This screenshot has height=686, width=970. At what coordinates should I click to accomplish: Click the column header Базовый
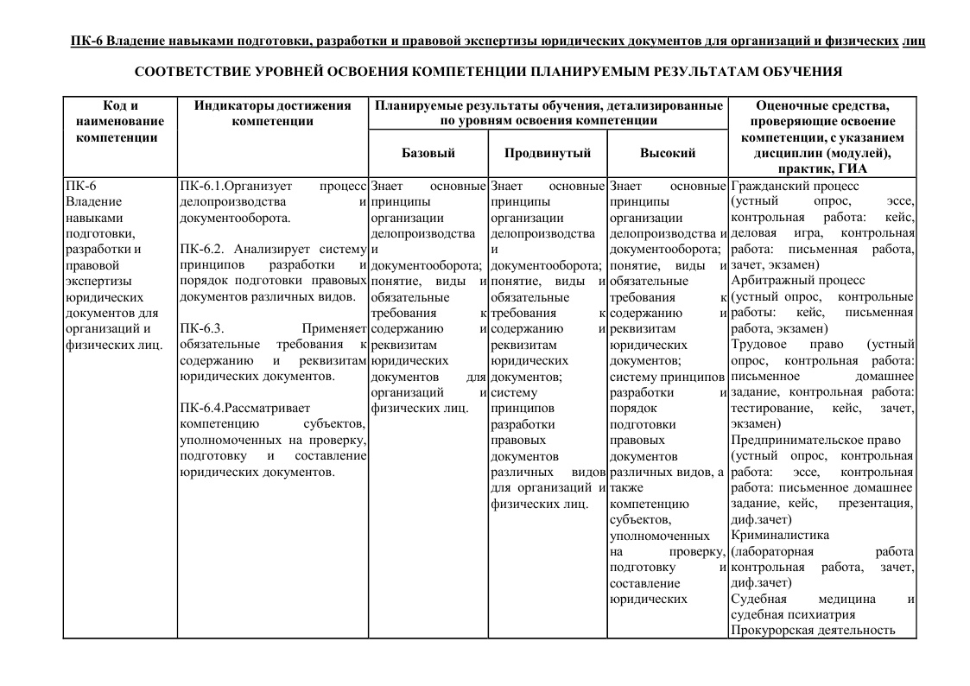tap(428, 153)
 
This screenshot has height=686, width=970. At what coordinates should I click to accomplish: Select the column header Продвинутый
tap(548, 153)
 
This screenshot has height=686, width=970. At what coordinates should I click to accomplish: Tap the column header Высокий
tap(667, 153)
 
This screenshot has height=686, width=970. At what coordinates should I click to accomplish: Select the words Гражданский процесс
tap(795, 186)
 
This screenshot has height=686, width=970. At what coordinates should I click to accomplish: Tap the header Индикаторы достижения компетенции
tap(272, 113)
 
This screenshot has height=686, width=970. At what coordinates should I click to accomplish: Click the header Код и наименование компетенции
tap(119, 121)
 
